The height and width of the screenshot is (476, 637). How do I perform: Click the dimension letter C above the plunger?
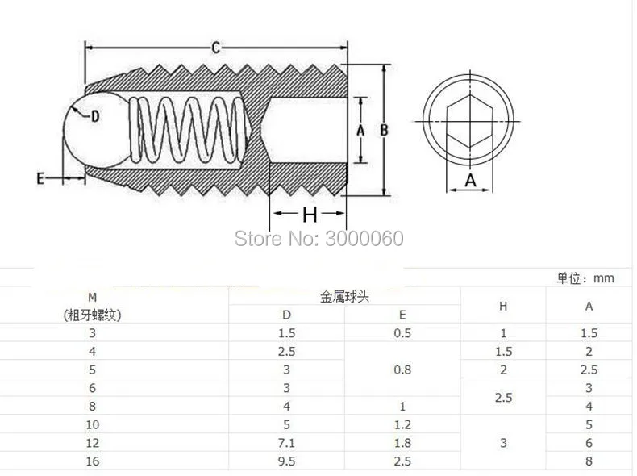click(216, 48)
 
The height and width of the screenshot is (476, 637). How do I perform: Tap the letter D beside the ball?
click(94, 116)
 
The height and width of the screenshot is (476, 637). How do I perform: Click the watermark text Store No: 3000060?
click(318, 238)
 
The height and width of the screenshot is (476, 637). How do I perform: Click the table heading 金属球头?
click(344, 297)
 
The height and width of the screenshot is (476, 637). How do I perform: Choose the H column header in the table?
click(503, 306)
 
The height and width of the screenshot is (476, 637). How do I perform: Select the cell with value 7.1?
click(287, 443)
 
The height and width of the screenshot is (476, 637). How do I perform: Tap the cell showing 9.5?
click(287, 461)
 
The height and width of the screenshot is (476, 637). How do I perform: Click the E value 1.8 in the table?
click(402, 443)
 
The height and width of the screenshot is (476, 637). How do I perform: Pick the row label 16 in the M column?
click(91, 461)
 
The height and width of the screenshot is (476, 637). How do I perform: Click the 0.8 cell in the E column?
click(402, 370)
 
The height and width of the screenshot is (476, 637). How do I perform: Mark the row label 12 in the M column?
click(91, 443)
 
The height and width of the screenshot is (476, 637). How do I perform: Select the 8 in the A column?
click(589, 461)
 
